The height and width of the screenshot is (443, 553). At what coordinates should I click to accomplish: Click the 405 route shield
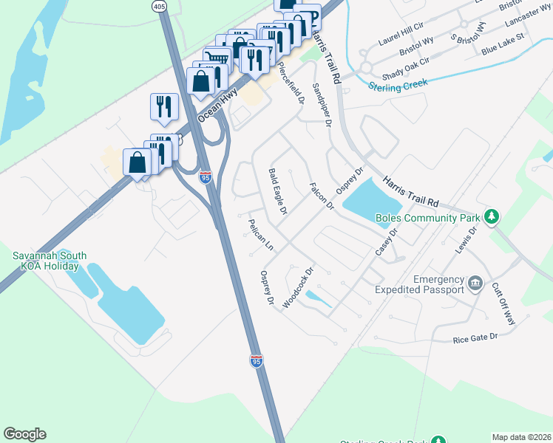(159, 6)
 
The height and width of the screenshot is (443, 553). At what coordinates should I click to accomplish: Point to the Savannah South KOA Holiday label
(50, 261)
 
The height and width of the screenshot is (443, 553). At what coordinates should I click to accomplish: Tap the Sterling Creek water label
(399, 86)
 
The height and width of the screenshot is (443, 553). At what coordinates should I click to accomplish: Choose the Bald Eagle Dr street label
(276, 191)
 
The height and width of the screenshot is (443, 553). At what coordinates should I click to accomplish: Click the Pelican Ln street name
(261, 235)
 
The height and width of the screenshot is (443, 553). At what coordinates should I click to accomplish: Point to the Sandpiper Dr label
(320, 105)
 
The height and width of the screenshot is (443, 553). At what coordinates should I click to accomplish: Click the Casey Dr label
(386, 241)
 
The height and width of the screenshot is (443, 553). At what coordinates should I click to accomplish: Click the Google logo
(24, 434)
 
